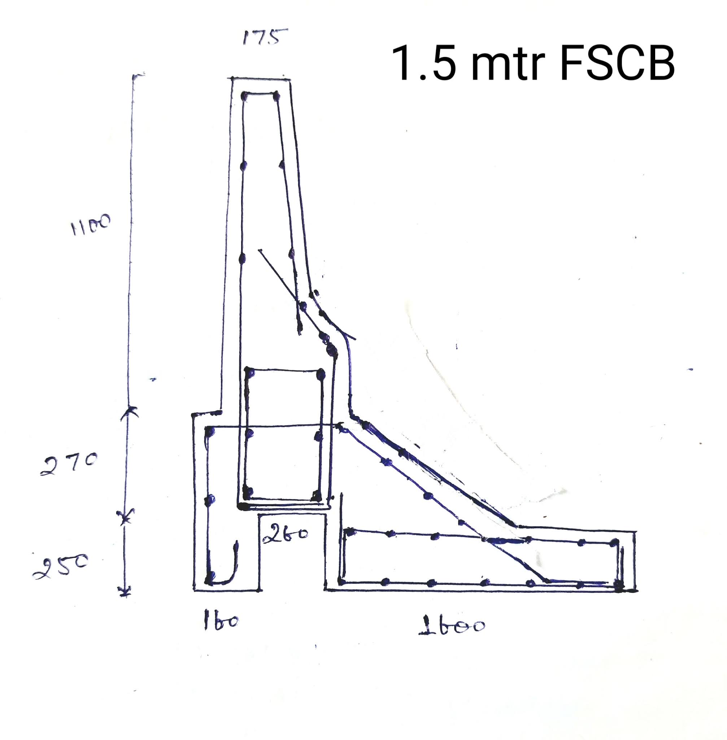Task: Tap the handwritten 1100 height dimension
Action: pos(90,225)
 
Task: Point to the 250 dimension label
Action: pos(61,567)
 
